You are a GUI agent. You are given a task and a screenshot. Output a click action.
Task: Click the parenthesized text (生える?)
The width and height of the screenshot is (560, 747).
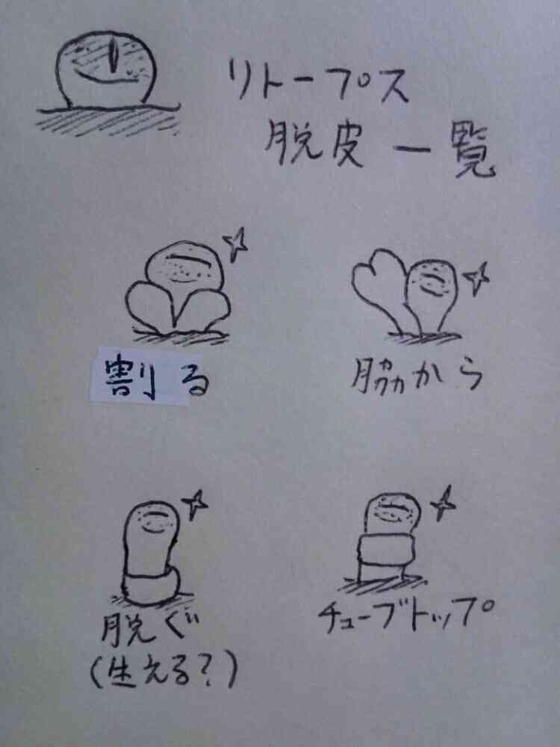(x=164, y=670)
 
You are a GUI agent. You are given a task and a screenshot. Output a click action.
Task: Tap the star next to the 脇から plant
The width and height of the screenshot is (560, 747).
(x=476, y=277)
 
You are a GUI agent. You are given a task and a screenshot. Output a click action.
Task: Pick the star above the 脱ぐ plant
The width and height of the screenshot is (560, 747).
(x=196, y=504)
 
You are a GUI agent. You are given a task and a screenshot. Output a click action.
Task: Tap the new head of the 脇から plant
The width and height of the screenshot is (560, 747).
(x=432, y=294)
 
